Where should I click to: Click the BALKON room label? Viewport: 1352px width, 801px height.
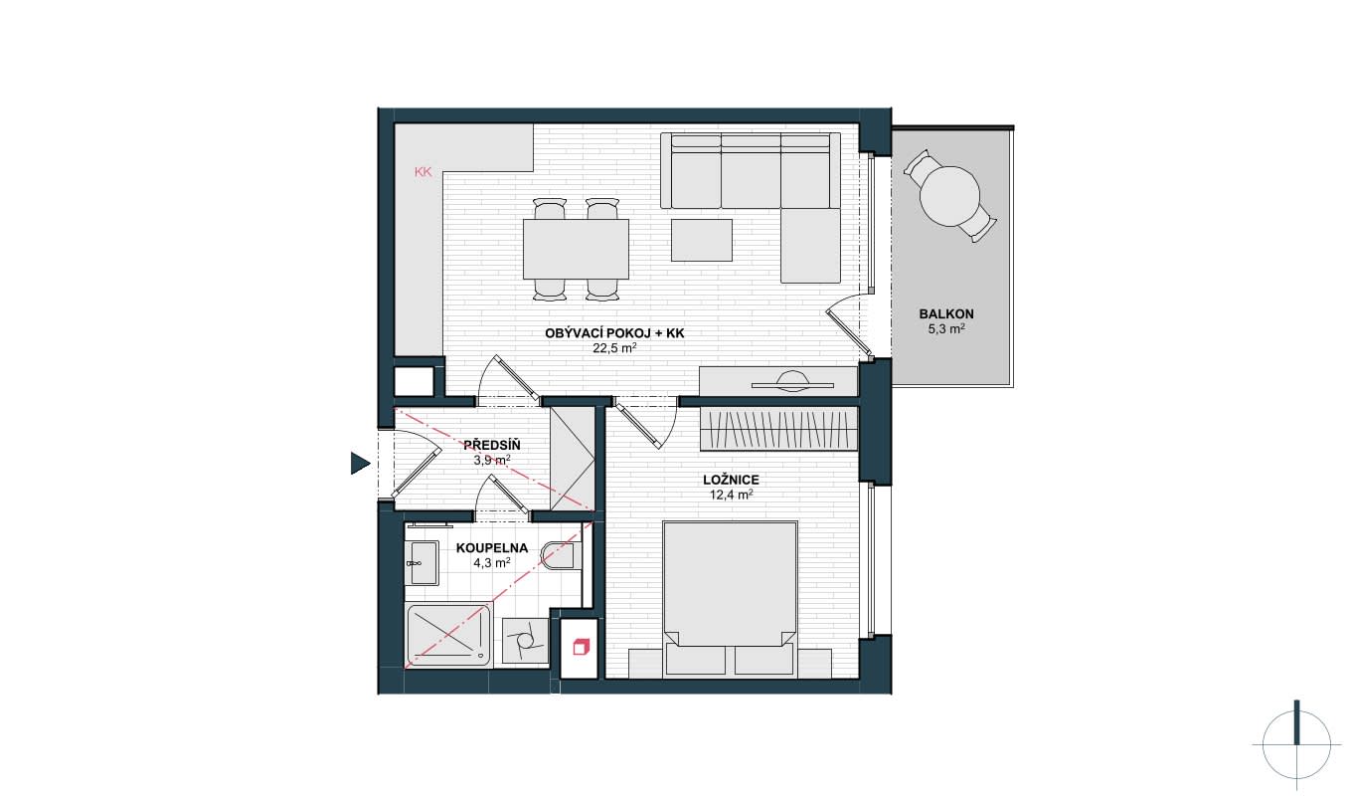coord(945,314)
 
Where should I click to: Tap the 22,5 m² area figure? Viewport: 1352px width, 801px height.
coord(614,348)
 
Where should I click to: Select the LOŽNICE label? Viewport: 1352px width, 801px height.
coord(731,480)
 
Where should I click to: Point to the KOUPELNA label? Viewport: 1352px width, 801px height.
coord(492,548)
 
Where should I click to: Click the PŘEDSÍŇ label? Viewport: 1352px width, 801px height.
coord(492,445)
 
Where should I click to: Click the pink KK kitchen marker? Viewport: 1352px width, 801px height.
coord(423,172)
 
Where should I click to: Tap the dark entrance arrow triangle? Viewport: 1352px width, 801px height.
coord(360,464)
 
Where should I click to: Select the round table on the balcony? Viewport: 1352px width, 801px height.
coord(949,196)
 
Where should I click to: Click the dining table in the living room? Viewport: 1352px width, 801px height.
coord(576,249)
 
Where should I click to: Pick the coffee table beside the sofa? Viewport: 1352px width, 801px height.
coord(702,240)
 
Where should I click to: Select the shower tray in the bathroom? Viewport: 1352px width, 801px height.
coord(448,635)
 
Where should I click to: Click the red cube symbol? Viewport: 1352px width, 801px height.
coord(580,647)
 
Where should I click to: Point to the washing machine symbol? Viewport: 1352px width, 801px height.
coord(525,640)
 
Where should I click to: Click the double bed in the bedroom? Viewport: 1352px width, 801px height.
coord(731,598)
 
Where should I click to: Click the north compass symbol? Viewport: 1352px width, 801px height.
coord(1296,745)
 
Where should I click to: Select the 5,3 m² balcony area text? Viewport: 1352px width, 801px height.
coord(945,329)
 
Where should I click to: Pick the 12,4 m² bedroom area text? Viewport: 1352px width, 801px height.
coord(731,495)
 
